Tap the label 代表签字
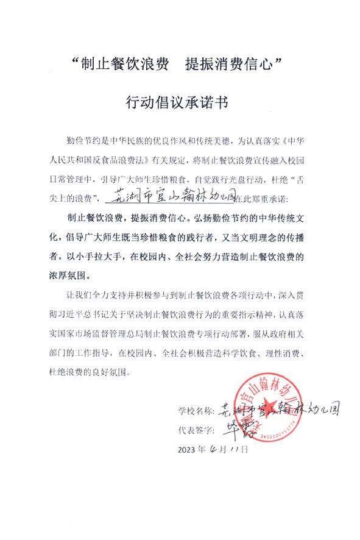(197, 430)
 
